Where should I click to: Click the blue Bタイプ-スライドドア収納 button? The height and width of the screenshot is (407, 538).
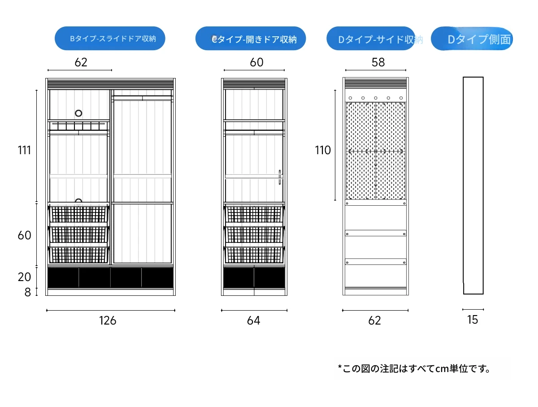tap(110, 39)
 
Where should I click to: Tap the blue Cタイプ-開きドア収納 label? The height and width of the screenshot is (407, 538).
tap(251, 39)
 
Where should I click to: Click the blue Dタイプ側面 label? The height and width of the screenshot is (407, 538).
tap(472, 39)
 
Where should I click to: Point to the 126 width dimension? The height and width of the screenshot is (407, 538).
tap(108, 320)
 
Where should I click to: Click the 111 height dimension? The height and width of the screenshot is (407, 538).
tap(25, 150)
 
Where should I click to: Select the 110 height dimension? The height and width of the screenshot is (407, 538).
tap(323, 150)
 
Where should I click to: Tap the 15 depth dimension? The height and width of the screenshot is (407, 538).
tap(473, 320)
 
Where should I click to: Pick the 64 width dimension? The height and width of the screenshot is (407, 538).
tap(253, 320)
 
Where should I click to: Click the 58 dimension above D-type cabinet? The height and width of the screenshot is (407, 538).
tap(378, 62)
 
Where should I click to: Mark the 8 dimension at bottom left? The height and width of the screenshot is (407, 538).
tap(27, 292)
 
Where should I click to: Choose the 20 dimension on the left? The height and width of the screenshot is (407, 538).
tap(25, 277)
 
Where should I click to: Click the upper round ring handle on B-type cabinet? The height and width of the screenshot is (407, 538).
tap(79, 113)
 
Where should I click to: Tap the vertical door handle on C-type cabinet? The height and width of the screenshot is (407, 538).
tap(279, 177)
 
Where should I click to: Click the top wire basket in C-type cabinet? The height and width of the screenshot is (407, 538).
tap(254, 214)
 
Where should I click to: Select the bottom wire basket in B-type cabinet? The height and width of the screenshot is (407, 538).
tap(79, 255)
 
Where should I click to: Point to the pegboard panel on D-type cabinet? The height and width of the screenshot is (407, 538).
tap(376, 151)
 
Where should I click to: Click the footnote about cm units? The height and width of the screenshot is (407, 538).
tap(413, 368)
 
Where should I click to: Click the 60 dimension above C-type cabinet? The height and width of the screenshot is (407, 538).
tap(256, 62)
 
